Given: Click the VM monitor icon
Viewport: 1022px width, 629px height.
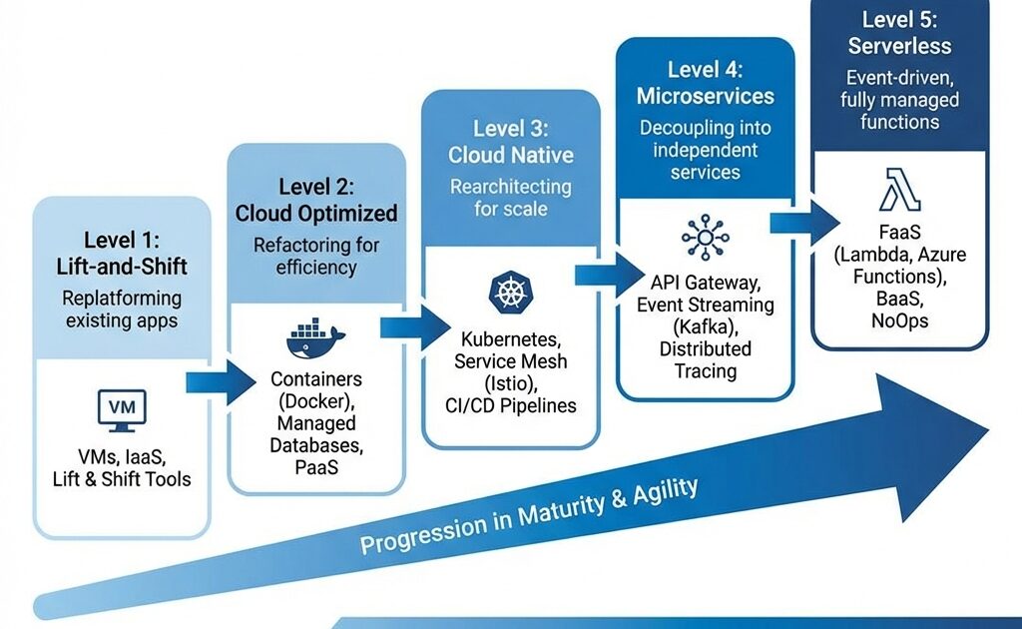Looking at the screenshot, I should coord(121,410).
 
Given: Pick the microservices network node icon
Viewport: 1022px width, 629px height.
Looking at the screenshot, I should coord(705,236).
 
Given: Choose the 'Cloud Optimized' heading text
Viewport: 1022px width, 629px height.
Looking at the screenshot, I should coord(316,213).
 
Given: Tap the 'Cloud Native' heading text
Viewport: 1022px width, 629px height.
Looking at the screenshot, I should coord(511,155).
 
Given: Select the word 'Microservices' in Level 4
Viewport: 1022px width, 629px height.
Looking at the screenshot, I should coord(706,96).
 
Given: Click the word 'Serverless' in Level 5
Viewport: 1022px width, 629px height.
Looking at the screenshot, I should coord(900,46).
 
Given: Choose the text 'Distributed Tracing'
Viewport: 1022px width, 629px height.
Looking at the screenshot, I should coord(705,359).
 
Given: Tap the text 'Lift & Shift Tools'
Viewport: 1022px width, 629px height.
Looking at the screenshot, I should coord(122,479).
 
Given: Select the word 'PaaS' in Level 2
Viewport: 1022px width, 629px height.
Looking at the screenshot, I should coord(316,466).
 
